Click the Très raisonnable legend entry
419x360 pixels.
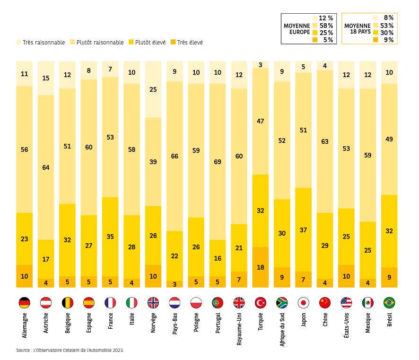click(41, 43)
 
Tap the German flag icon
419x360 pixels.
click(24, 303)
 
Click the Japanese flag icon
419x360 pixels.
click(303, 303)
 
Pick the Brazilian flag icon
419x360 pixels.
click(389, 303)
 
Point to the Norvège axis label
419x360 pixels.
click(153, 322)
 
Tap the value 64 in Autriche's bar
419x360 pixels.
click(46, 167)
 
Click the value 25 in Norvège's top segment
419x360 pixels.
click(153, 89)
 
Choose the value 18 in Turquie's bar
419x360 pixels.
click(261, 267)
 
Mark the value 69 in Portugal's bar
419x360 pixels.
click(218, 162)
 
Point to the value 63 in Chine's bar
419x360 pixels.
click(325, 141)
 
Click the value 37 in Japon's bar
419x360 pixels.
click(303, 230)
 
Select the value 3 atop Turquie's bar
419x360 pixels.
click(261, 65)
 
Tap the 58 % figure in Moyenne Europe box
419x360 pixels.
click(326, 26)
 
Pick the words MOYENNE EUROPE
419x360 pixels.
click(297, 29)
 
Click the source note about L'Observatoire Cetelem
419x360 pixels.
click(70, 351)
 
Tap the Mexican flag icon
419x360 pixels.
click(368, 303)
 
